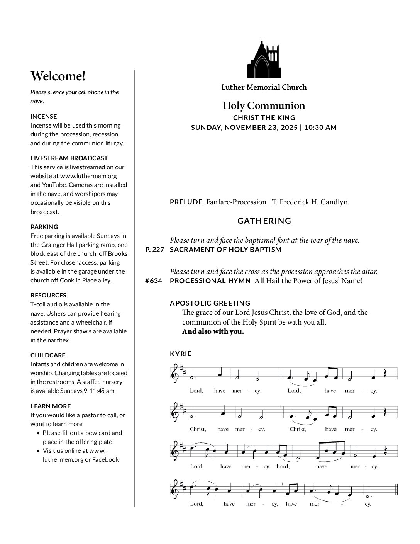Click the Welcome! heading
(58, 76)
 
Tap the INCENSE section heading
(44, 116)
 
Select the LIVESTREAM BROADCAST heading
(69, 158)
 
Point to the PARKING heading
(44, 227)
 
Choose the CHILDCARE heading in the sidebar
(48, 355)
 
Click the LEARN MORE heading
(51, 406)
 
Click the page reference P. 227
(155, 250)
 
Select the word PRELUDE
(186, 202)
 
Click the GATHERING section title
(264, 221)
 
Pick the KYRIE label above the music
(180, 354)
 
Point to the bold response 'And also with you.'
(213, 331)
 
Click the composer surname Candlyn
(334, 202)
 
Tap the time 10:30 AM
(320, 127)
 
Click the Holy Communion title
(264, 106)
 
